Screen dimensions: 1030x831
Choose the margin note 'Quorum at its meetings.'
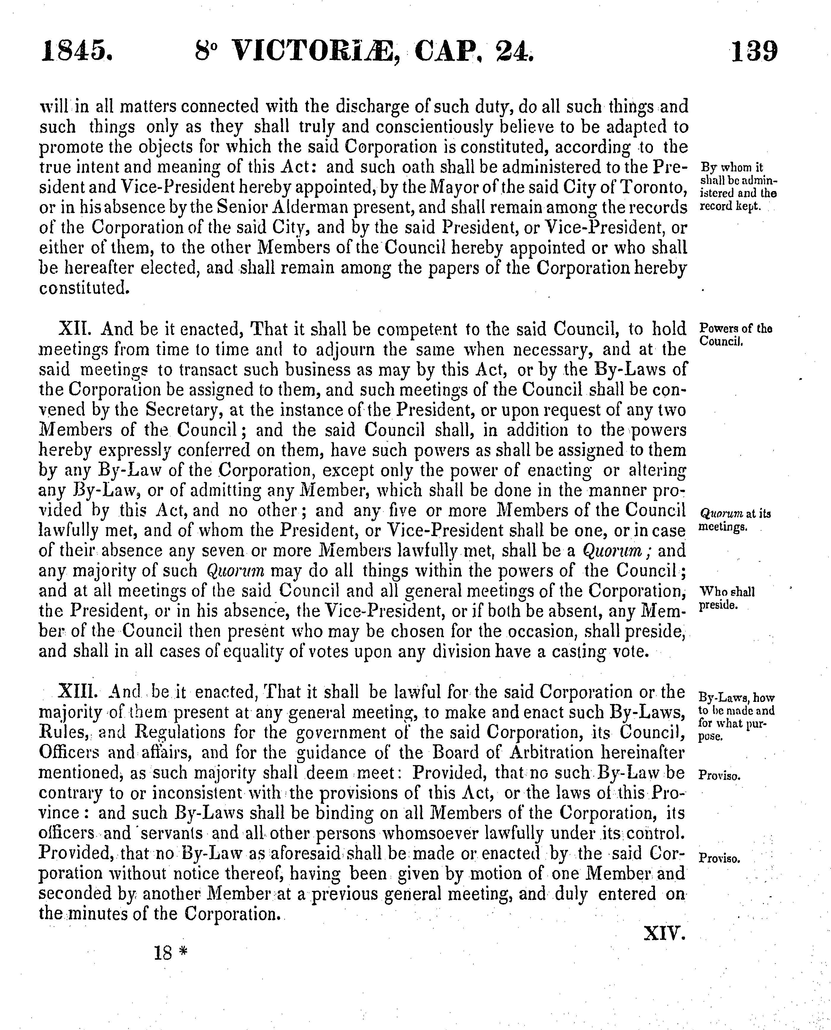click(735, 520)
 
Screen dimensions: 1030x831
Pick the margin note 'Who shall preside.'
click(727, 598)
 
